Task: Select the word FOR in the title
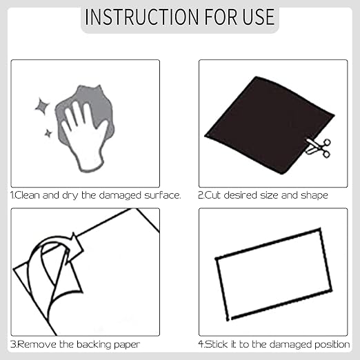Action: (x=221, y=17)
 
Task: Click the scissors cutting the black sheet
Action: (x=318, y=148)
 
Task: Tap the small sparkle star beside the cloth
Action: (x=48, y=133)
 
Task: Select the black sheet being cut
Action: (x=269, y=126)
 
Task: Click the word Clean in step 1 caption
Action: (x=27, y=195)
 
